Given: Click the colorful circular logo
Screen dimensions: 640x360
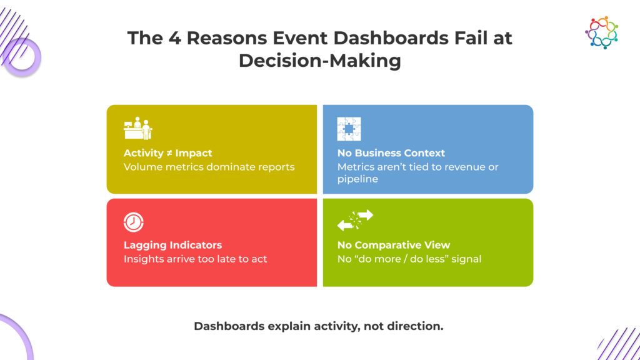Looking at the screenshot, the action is point(602,32).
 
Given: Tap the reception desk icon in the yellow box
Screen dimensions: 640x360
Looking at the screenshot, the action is point(138,128).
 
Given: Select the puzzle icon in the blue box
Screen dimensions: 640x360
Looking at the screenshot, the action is point(349,129).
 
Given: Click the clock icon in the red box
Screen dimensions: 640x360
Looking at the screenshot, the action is point(134,222).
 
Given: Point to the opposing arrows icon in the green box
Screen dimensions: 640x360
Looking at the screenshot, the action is point(355,220).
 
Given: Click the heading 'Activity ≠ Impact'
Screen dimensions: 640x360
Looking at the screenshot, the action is point(167,153).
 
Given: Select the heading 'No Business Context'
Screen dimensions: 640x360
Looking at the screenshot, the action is point(391,153).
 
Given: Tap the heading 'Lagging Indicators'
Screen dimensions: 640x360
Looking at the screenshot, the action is point(172,245).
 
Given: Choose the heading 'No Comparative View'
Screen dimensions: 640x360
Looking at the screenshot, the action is point(394,245).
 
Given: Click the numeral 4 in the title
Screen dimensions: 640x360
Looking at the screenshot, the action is point(175,38).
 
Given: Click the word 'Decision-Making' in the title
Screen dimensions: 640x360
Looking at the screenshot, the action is point(320,61).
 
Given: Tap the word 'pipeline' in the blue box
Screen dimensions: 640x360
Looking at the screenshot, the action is point(357,179).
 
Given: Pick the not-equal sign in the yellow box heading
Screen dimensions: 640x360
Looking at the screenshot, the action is point(169,153).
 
